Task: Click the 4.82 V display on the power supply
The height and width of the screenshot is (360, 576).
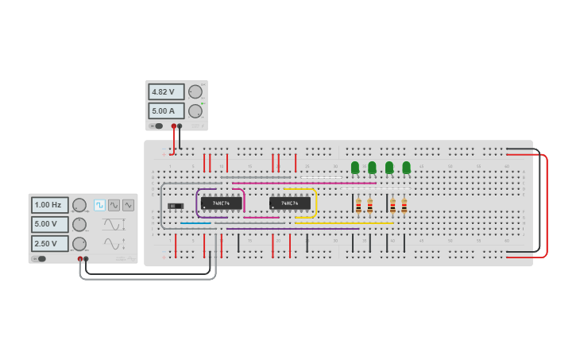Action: click(x=166, y=92)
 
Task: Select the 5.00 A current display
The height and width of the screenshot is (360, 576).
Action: click(x=166, y=111)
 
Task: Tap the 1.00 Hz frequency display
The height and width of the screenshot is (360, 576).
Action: click(x=50, y=205)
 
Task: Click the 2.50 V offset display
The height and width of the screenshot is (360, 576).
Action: click(x=50, y=243)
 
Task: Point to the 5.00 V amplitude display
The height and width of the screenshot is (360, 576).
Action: click(x=50, y=224)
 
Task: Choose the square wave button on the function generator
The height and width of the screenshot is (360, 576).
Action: click(x=99, y=205)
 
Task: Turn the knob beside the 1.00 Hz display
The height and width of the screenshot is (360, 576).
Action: click(x=79, y=205)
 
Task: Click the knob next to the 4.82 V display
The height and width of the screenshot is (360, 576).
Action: click(x=195, y=92)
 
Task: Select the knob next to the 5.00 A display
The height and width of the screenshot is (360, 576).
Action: click(x=195, y=111)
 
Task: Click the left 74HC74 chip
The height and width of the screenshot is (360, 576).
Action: click(x=221, y=203)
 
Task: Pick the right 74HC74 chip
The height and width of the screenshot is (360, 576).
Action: click(x=289, y=203)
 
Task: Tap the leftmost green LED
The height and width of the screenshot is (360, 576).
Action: click(x=355, y=168)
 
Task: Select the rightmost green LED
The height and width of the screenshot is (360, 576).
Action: click(x=407, y=168)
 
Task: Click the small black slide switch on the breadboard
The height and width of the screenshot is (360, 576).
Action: click(x=176, y=206)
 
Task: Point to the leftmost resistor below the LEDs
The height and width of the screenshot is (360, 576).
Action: click(x=358, y=206)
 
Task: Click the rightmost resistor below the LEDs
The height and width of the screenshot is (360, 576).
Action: click(x=404, y=206)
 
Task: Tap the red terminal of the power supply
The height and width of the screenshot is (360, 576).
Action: click(x=173, y=126)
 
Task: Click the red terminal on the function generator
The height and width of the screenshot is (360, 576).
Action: click(x=80, y=259)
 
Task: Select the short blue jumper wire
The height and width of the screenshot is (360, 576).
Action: click(x=195, y=223)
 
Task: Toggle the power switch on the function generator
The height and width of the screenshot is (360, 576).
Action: click(x=40, y=258)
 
